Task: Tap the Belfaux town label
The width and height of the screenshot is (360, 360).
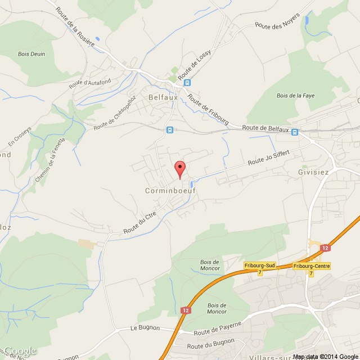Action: tap(163, 97)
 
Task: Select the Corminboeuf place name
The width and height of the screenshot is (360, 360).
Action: tap(161, 191)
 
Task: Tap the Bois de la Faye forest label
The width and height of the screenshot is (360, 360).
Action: tap(295, 96)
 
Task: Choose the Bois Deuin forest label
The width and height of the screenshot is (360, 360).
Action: tap(31, 54)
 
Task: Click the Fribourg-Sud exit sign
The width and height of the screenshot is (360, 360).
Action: tap(259, 265)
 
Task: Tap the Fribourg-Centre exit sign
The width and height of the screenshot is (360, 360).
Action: tap(312, 265)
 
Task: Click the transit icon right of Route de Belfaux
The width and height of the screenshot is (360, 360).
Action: tap(294, 131)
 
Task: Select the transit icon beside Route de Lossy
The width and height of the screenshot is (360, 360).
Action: tap(187, 82)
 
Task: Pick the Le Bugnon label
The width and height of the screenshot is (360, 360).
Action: tap(145, 327)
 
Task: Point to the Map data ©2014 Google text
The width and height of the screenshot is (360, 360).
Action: tap(325, 355)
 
